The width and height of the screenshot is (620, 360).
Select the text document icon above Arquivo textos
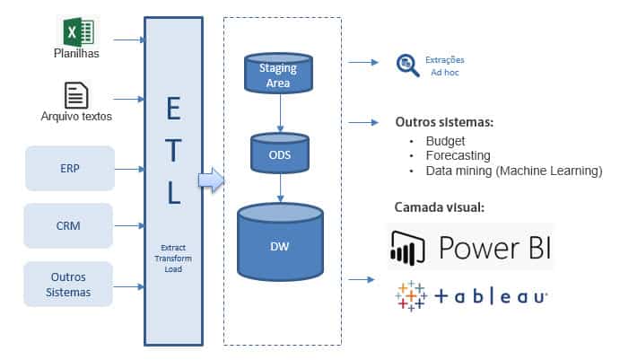pyautogui.click(x=75, y=94)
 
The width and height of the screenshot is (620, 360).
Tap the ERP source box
pyautogui.click(x=69, y=168)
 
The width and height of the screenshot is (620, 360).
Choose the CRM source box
pyautogui.click(x=69, y=226)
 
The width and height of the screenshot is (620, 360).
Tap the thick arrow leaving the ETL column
pyautogui.click(x=209, y=181)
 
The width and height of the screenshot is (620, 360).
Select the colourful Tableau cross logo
pyautogui.click(x=410, y=295)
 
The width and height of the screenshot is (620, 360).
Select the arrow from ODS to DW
pyautogui.click(x=282, y=187)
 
